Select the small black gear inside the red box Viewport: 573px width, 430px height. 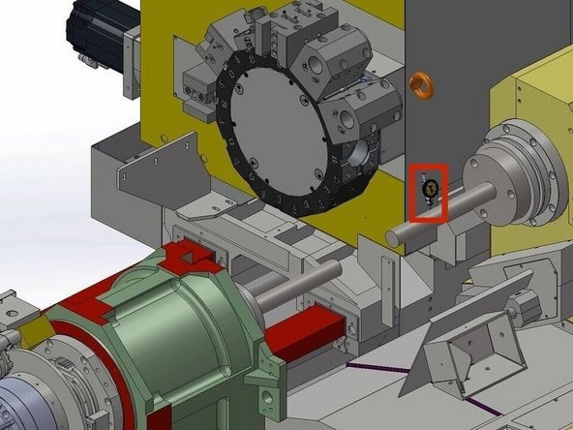[x=430, y=187]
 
